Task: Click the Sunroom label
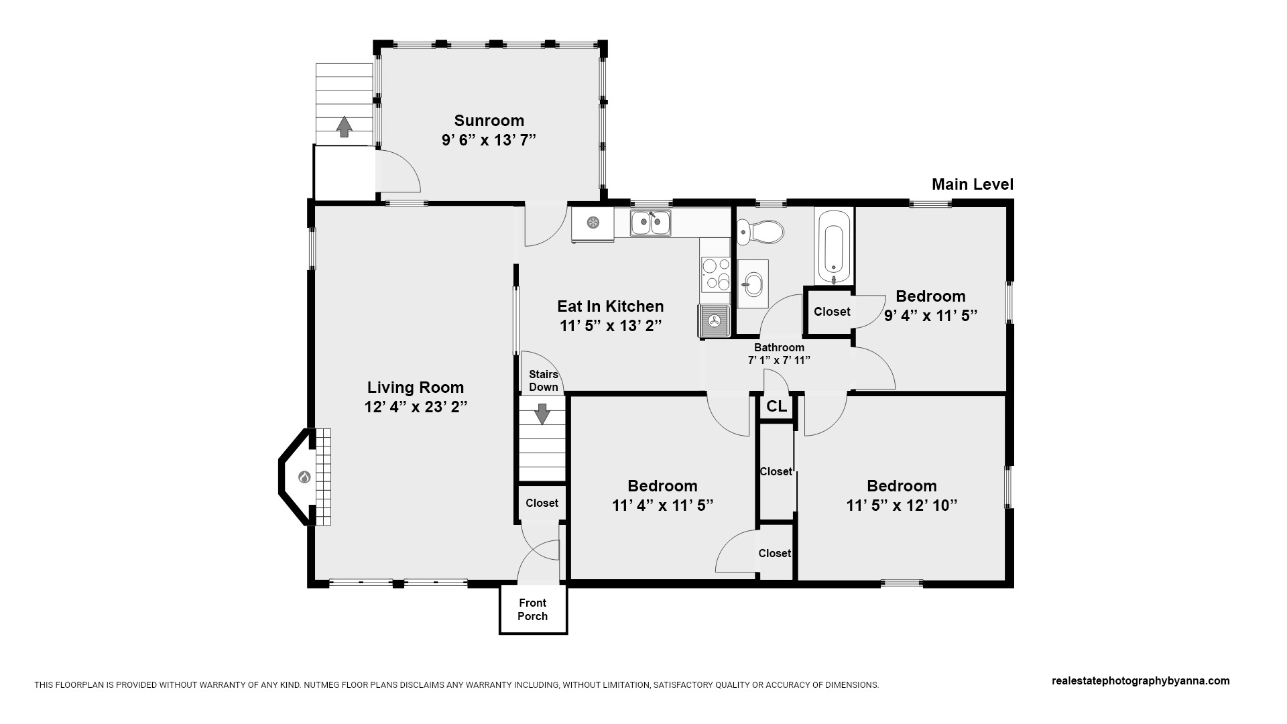tap(489, 121)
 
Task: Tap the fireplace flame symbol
tap(304, 477)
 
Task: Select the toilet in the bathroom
tap(760, 233)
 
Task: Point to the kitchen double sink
tap(650, 223)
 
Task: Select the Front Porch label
tap(533, 609)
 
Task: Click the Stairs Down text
tap(544, 381)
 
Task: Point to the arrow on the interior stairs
tap(542, 413)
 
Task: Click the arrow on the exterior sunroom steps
tap(344, 127)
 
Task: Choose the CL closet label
tap(776, 406)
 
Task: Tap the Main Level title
tap(973, 184)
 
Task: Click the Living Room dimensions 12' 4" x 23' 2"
tap(416, 407)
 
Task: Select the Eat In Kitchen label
tap(611, 306)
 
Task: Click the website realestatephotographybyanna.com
tap(1141, 681)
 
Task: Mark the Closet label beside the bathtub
tap(832, 312)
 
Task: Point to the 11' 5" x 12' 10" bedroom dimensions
tap(902, 505)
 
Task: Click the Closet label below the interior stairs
tap(542, 503)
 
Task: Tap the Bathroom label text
tap(779, 347)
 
